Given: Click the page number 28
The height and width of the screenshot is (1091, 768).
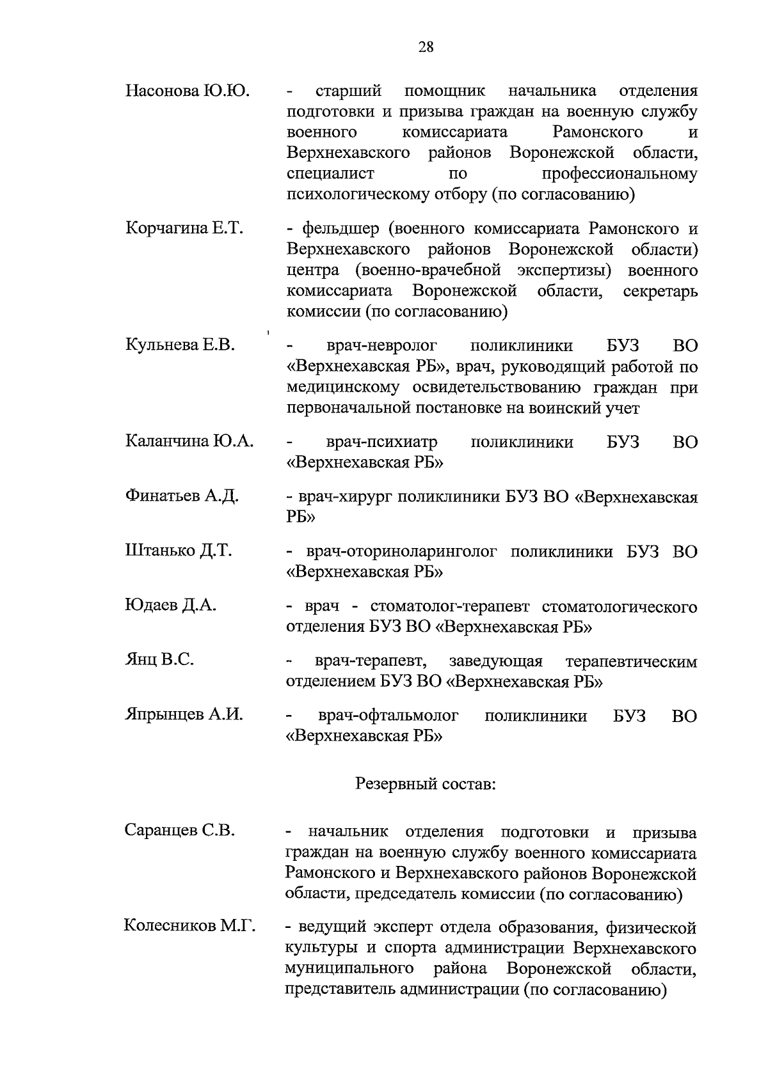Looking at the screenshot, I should click(x=426, y=46).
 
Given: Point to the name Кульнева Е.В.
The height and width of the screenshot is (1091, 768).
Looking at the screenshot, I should click(x=180, y=345).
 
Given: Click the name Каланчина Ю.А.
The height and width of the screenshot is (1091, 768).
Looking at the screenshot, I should click(x=189, y=441).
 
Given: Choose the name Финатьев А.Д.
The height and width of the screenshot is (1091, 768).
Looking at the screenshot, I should click(x=182, y=496).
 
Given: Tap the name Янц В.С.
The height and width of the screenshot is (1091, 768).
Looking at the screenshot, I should click(x=159, y=660).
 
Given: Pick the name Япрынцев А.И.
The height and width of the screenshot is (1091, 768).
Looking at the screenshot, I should click(x=184, y=715).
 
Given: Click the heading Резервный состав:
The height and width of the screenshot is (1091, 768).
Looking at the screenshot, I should click(x=426, y=783).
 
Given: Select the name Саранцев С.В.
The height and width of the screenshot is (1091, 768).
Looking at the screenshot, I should click(x=180, y=831).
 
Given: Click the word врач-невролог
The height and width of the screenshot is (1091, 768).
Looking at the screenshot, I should click(x=381, y=347).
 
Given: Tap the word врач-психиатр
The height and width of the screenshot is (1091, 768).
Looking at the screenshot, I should click(x=382, y=442).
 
